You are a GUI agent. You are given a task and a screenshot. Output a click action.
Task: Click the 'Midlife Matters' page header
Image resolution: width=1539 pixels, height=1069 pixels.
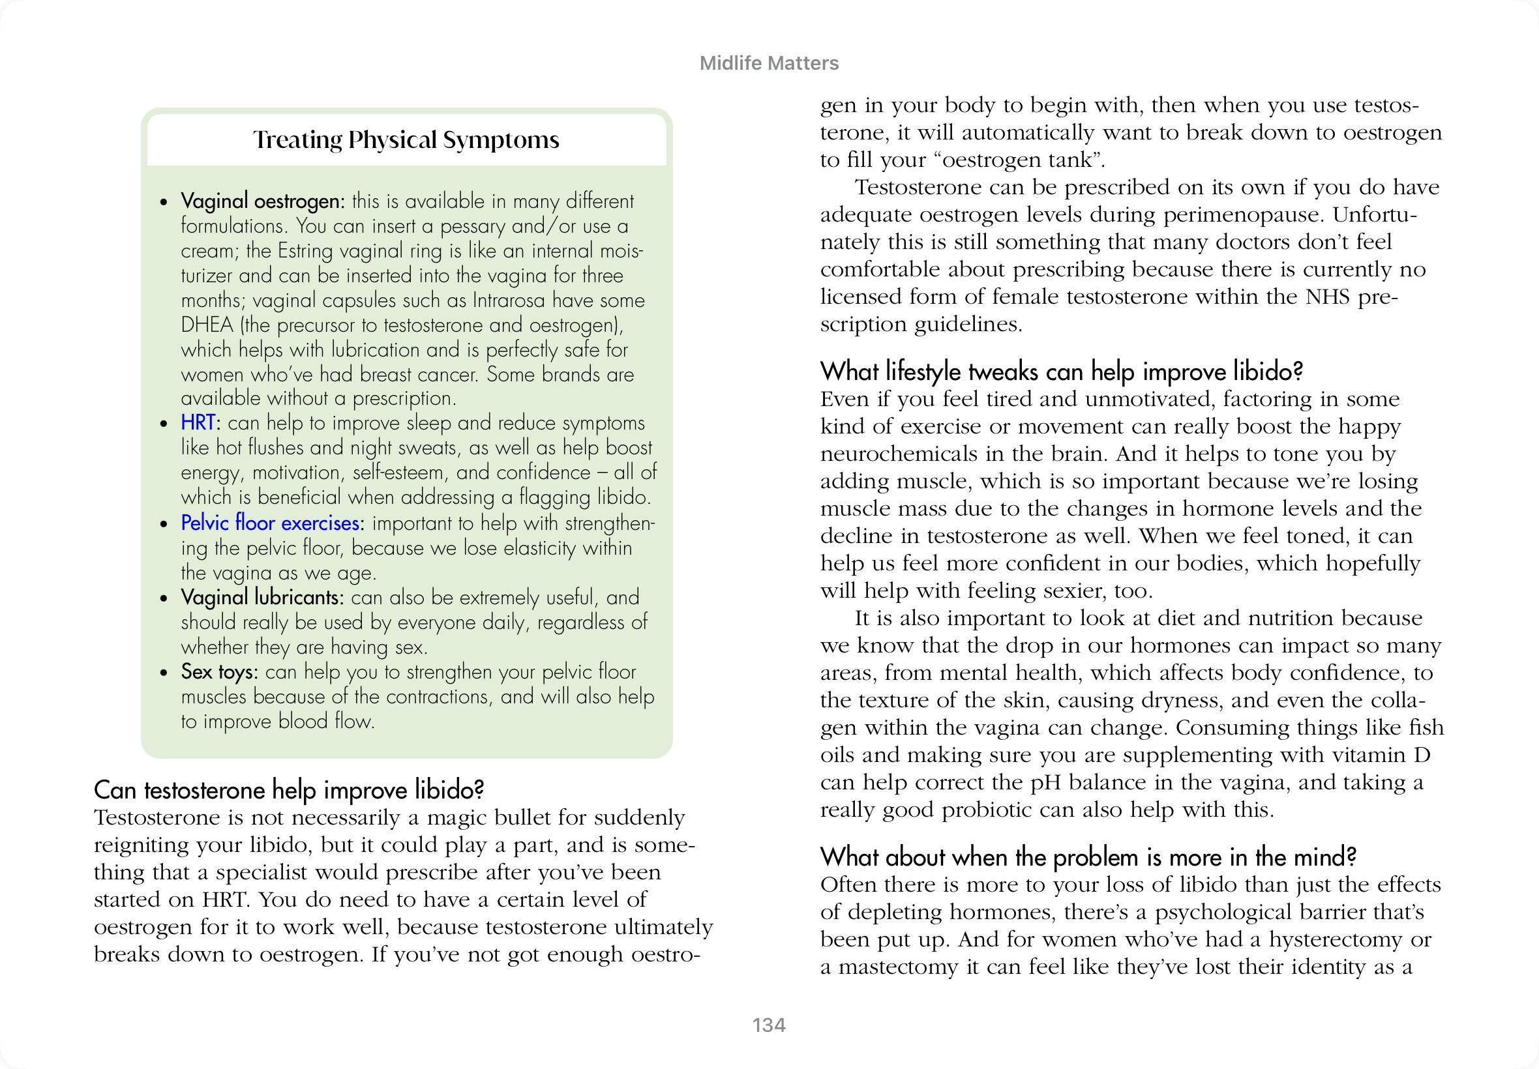click(768, 64)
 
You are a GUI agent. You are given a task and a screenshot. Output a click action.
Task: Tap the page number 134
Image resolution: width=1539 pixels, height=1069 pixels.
click(768, 1025)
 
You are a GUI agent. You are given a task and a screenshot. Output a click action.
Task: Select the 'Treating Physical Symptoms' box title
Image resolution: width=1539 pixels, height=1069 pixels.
click(406, 140)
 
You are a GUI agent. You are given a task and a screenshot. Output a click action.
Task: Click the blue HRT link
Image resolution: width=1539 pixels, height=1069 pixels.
click(198, 423)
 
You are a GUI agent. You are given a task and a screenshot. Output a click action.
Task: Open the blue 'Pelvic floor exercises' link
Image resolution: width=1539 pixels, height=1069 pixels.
click(270, 523)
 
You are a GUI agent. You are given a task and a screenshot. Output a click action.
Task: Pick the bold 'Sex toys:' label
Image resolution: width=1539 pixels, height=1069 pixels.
click(219, 672)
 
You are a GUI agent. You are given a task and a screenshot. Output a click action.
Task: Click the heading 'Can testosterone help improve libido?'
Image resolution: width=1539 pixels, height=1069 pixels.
click(289, 791)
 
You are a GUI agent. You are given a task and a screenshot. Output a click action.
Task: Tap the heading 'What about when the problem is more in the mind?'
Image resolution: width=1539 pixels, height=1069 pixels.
click(1088, 857)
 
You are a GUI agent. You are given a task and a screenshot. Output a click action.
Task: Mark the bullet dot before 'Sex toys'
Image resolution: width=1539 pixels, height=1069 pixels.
click(164, 673)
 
